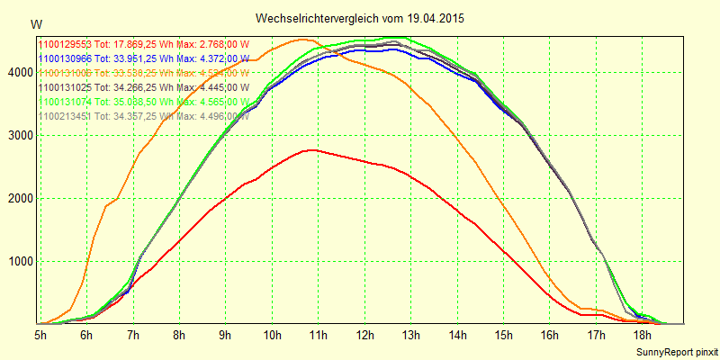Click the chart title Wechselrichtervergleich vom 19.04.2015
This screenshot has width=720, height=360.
(x=360, y=18)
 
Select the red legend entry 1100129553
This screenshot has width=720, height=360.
(x=143, y=44)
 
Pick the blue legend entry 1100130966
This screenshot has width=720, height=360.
(x=143, y=58)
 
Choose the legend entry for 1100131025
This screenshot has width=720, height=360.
(x=143, y=87)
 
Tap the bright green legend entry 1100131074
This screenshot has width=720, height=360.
(x=143, y=102)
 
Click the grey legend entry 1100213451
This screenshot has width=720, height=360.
(x=143, y=116)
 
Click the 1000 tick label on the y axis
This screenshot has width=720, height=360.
(x=19, y=262)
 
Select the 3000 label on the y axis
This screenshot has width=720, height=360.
(x=19, y=135)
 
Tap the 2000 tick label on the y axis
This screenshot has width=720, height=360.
(x=19, y=199)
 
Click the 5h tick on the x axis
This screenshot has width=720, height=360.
(x=40, y=335)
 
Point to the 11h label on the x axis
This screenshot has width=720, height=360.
(x=318, y=335)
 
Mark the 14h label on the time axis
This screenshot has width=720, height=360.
(x=456, y=335)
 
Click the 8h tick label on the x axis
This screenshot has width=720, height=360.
(x=179, y=335)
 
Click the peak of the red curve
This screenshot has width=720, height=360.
(x=310, y=149)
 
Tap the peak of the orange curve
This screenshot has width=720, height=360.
(x=301, y=39)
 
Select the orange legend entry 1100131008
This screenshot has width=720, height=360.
(x=143, y=73)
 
